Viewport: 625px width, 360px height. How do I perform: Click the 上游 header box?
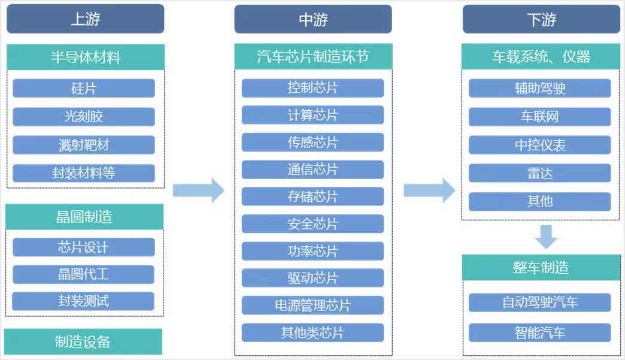pyautogui.click(x=85, y=19)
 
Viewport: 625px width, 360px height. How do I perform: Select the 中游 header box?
pyautogui.click(x=313, y=19)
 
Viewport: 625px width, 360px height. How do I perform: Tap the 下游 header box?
pyautogui.click(x=541, y=19)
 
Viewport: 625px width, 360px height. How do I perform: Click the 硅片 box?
pyautogui.click(x=84, y=88)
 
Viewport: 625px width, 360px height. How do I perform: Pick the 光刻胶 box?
pyautogui.click(x=84, y=116)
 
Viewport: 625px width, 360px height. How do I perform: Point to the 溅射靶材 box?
pyautogui.click(x=84, y=145)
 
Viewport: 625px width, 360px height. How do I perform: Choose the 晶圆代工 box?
pyautogui.click(x=83, y=274)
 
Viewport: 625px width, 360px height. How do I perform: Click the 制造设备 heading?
pyautogui.click(x=83, y=341)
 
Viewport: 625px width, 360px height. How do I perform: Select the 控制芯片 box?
pyautogui.click(x=313, y=87)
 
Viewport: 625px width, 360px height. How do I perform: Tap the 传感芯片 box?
pyautogui.click(x=313, y=143)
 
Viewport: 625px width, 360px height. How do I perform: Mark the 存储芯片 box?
pyautogui.click(x=313, y=196)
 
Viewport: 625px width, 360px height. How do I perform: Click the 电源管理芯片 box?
pyautogui.click(x=313, y=305)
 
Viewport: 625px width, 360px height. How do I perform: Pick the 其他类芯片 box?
pyautogui.click(x=313, y=332)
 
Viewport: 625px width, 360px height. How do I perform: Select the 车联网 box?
pyautogui.click(x=540, y=116)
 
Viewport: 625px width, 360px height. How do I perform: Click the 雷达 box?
pyautogui.click(x=540, y=173)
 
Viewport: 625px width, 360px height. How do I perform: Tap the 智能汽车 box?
pyautogui.click(x=540, y=332)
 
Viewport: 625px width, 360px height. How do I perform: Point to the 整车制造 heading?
pyautogui.click(x=541, y=268)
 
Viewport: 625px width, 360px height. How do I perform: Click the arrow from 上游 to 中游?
pyautogui.click(x=199, y=190)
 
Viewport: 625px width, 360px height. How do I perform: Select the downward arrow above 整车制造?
pyautogui.click(x=546, y=237)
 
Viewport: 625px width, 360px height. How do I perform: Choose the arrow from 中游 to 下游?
pyautogui.click(x=430, y=190)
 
